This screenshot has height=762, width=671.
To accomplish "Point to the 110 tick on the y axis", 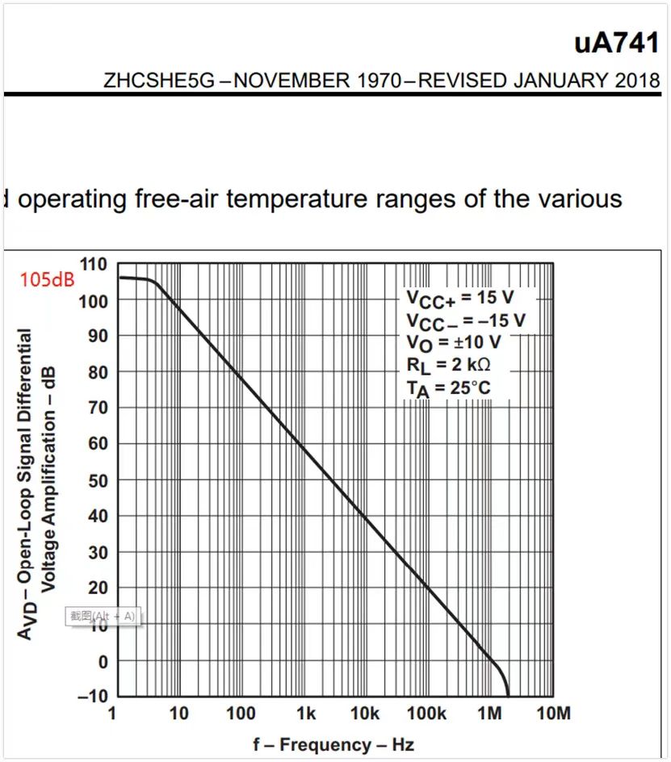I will tap(94, 264).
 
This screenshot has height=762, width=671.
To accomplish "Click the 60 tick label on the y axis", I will tap(98, 443).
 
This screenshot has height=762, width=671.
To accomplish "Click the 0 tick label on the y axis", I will tap(102, 661).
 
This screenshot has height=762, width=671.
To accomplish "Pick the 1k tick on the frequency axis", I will tap(305, 714).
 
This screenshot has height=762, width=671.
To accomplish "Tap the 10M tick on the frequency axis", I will tap(553, 714).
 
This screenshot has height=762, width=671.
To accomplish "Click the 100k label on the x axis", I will tap(426, 714).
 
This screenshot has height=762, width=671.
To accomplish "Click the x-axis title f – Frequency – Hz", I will tap(333, 744).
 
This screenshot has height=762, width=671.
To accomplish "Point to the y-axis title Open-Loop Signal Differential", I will tap(26, 484).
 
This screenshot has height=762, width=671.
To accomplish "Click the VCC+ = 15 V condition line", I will tap(459, 298).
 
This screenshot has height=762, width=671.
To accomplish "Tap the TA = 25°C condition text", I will tap(448, 388).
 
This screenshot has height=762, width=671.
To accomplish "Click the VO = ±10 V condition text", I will tap(453, 343).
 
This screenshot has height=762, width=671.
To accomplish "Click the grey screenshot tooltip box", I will tap(102, 617).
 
